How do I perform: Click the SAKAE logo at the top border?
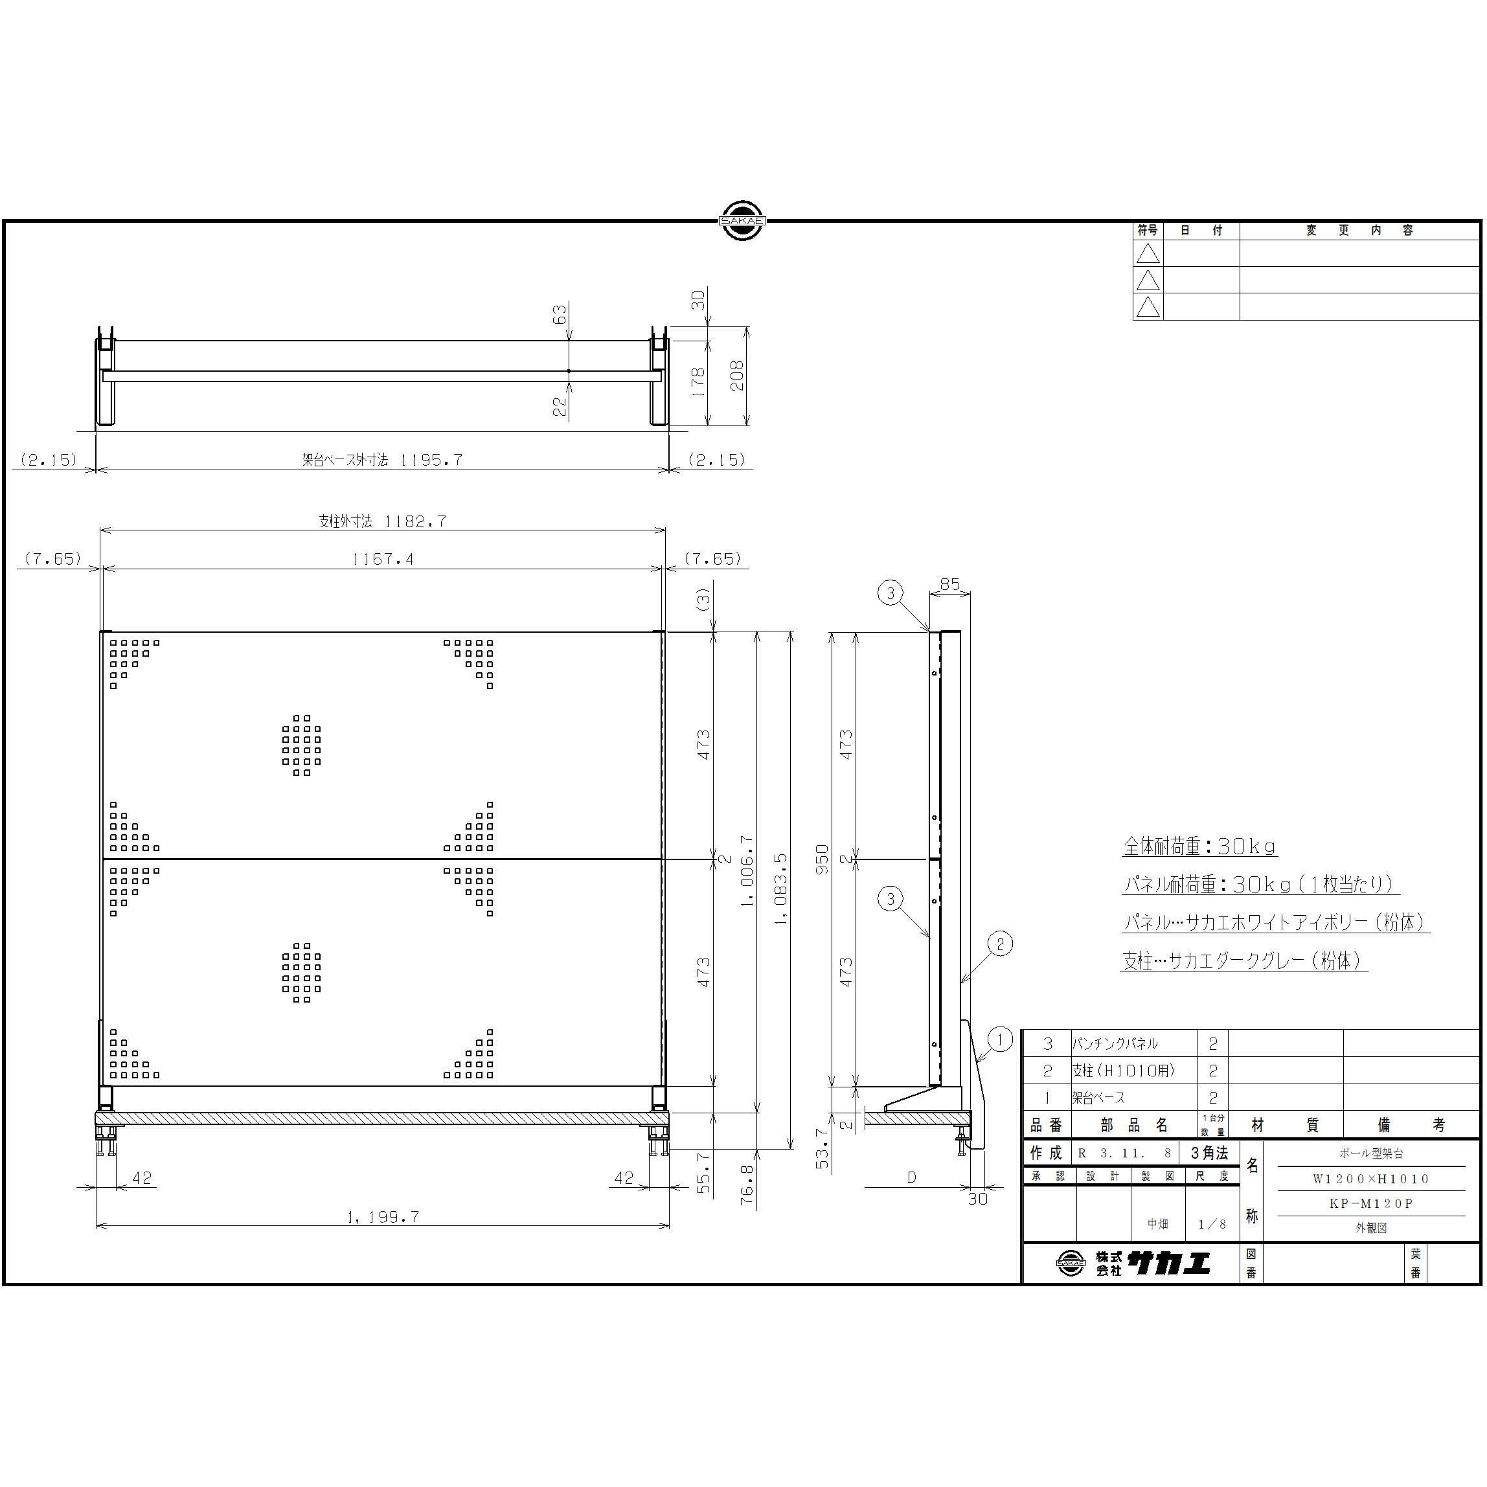[x=742, y=221]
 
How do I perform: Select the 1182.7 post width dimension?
[x=415, y=521]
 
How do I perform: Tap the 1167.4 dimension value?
[x=383, y=560]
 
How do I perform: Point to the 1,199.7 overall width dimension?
[x=383, y=1217]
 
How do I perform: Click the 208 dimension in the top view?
[x=737, y=376]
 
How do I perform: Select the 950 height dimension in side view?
[x=823, y=859]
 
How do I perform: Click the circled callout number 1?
[x=1000, y=1041]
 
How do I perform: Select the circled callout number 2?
[x=1000, y=944]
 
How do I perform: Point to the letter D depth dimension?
[x=912, y=1177]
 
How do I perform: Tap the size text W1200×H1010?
[x=1371, y=1178]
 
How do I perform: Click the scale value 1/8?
[x=1212, y=1224]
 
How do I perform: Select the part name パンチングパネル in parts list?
[x=1115, y=1043]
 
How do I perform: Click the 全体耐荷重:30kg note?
[x=1200, y=846]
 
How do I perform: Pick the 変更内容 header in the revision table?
[x=1359, y=230]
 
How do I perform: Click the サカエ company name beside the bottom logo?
[x=1168, y=1263]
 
